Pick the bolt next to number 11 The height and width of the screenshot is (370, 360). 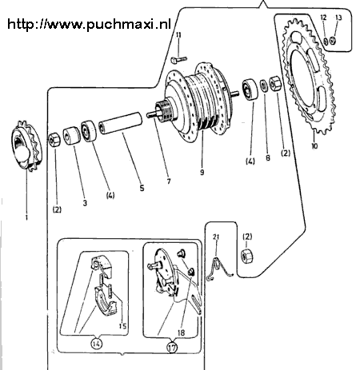178,60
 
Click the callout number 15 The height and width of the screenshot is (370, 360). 122,325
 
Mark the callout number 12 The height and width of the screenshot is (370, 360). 324,17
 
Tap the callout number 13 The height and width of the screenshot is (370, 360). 338,17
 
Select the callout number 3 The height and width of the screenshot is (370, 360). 83,203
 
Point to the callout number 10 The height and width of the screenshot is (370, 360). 314,147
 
